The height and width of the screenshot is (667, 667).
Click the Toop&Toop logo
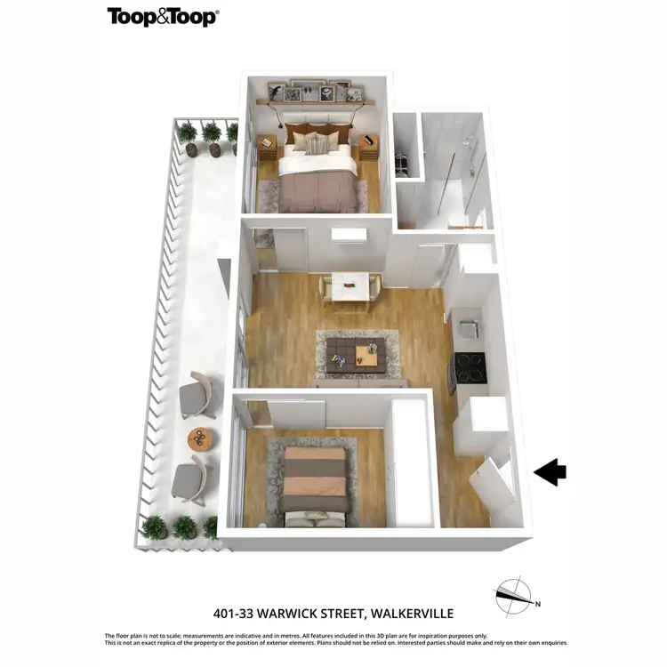163,17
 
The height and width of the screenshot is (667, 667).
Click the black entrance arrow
550,472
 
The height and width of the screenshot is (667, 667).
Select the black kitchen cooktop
470,366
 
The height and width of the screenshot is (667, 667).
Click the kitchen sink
467,326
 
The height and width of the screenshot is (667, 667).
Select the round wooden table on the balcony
200,438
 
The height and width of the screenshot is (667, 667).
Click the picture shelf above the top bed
316,100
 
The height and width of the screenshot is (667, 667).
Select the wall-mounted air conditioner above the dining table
349,235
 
